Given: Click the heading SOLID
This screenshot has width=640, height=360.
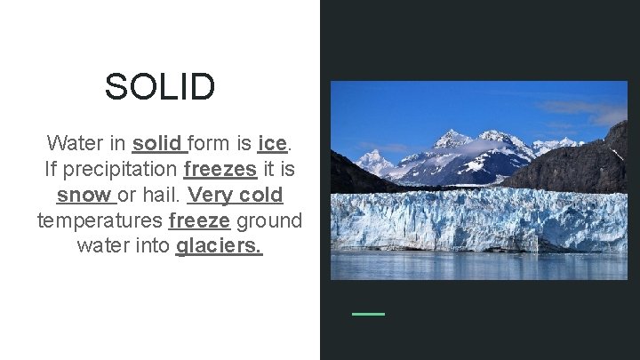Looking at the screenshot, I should point(160,87).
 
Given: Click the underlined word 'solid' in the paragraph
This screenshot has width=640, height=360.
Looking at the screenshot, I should point(157,142).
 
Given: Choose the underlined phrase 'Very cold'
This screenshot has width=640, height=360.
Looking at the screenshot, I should point(236,194).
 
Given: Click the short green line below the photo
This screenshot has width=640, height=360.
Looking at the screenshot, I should point(369,314).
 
